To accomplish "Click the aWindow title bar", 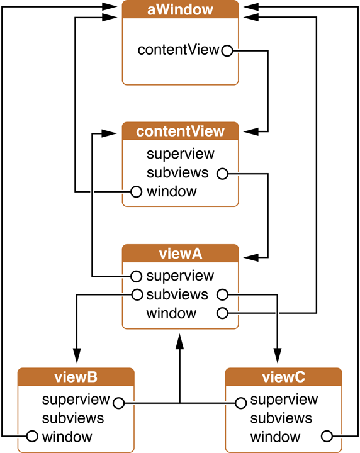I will click(180, 9).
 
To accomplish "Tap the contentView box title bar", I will click(180, 131).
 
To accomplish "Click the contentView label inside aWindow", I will click(178, 50).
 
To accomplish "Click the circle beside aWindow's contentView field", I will click(227, 50).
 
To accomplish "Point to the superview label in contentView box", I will click(180, 154).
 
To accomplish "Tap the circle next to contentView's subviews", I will click(222, 172).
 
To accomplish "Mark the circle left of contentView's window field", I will click(136, 191).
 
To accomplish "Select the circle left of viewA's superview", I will click(136, 276).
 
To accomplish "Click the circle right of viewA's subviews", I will click(222, 294).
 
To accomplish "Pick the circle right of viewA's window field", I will click(222, 313).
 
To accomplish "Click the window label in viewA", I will click(171, 313).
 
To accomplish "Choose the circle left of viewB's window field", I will click(31, 436).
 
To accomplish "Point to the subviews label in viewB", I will click(73, 418).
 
